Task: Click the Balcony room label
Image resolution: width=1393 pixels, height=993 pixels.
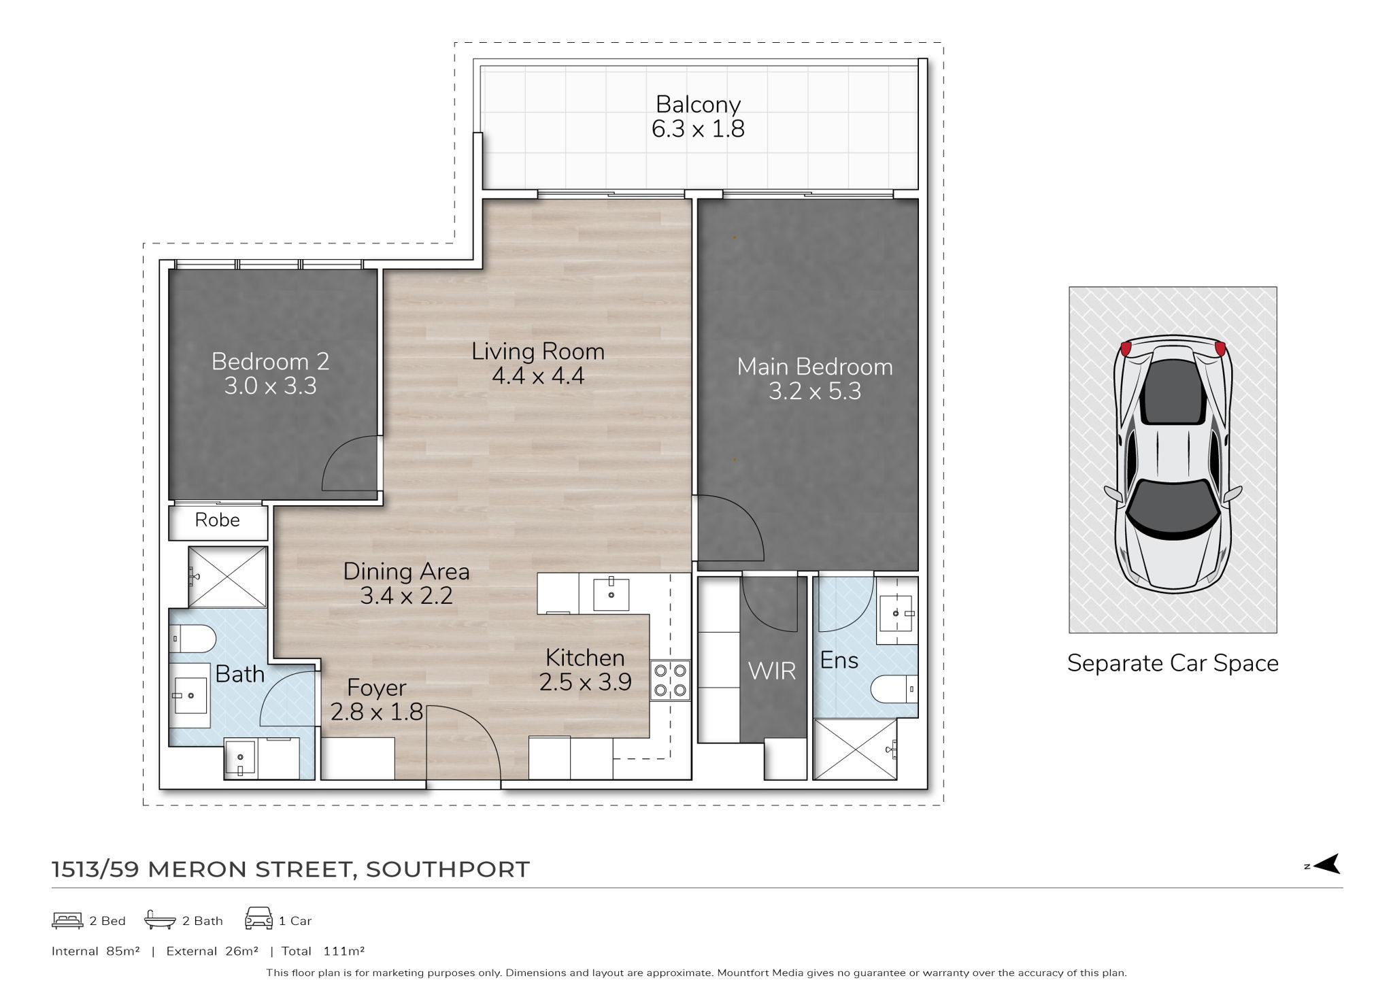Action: (698, 105)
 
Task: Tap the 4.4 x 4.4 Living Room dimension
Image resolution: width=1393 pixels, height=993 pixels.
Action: (538, 375)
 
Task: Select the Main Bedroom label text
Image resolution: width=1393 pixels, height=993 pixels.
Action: (815, 367)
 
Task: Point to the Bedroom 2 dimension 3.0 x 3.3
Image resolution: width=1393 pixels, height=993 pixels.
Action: (271, 386)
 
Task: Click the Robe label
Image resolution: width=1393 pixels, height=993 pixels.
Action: (217, 520)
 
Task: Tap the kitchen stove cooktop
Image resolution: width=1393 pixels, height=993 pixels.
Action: (670, 681)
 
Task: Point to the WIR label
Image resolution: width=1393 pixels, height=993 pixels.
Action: (772, 672)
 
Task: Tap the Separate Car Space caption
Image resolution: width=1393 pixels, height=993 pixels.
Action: (1173, 663)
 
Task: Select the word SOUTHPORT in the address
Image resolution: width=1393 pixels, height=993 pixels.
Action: (448, 869)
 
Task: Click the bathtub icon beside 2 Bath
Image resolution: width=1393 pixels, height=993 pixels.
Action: (160, 920)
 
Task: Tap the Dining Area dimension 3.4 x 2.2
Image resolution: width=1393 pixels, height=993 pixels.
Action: (406, 596)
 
